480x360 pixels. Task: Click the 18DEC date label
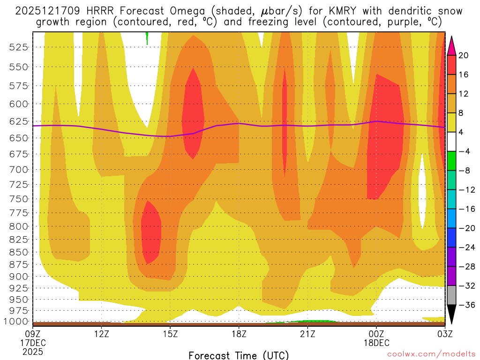click(376, 343)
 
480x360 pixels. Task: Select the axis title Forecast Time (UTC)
click(239, 355)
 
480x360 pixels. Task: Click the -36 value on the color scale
click(465, 305)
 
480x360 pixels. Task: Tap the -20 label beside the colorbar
click(465, 228)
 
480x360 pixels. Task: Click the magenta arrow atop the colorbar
click(452, 45)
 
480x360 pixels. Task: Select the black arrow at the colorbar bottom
click(452, 315)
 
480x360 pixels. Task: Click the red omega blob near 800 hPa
click(151, 232)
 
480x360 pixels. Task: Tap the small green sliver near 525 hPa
click(147, 38)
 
